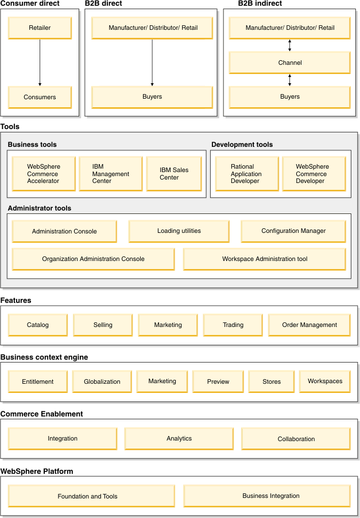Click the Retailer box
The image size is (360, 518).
40,28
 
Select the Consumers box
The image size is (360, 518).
40,97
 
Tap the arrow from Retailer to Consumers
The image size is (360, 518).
40,63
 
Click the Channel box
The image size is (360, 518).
289,63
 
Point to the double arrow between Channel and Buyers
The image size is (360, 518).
289,80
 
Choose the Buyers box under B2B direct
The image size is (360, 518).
152,97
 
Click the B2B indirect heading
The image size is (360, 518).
260,3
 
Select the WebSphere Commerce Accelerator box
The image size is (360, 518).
44,174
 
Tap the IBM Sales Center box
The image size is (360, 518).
174,174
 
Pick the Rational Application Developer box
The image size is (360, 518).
247,174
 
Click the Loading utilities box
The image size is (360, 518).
179,231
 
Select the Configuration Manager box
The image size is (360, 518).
293,231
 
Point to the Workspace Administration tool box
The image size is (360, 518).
265,259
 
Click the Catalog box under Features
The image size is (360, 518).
38,325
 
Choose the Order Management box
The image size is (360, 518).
309,325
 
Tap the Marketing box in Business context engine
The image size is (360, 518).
162,381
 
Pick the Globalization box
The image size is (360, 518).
102,381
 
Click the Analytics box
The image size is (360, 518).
179,439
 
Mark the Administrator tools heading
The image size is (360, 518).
40,208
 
